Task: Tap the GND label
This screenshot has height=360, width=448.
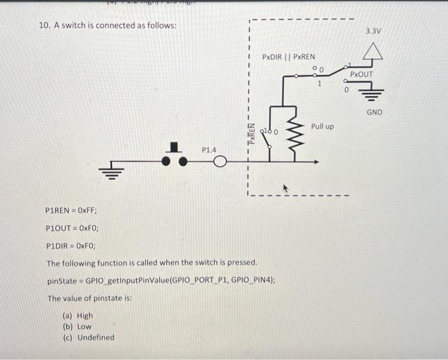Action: coord(374,112)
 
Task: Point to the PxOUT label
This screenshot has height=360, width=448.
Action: coord(361,75)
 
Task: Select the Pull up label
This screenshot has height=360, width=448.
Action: coord(322,126)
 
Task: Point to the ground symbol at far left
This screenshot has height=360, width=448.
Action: coord(107,172)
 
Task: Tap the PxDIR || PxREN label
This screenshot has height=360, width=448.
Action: coord(289,58)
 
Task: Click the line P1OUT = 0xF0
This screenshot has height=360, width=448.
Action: coord(72,227)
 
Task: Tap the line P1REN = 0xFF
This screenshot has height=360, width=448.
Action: coord(72,210)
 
